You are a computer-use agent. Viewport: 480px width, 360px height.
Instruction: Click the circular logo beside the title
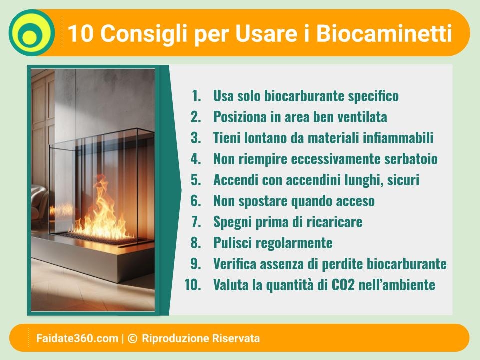(32, 33)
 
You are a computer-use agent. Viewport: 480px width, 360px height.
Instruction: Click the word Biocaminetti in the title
(384, 33)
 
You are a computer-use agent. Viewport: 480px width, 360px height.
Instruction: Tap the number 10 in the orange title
(80, 33)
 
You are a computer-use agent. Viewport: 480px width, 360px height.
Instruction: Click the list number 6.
(196, 201)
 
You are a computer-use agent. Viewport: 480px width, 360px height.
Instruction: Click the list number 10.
(193, 284)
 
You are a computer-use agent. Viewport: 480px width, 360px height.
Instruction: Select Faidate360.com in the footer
(77, 338)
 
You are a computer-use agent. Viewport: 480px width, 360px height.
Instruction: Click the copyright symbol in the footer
(132, 338)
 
